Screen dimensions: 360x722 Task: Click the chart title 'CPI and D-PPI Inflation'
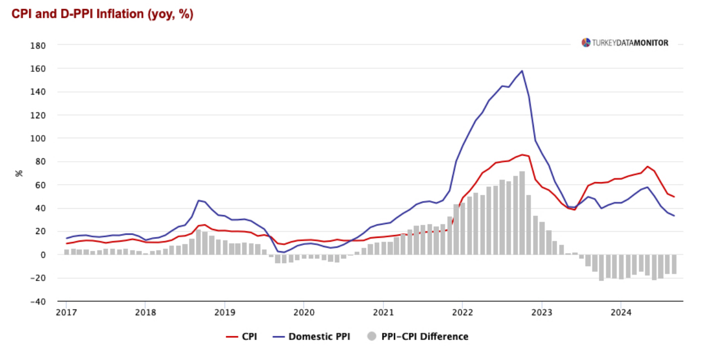click(x=102, y=14)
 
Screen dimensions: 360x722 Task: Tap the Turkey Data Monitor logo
click(x=625, y=43)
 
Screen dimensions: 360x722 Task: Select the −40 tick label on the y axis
click(x=39, y=301)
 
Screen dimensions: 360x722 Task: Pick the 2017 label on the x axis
click(x=67, y=312)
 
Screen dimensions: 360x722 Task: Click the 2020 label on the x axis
click(x=303, y=312)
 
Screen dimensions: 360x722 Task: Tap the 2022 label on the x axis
click(x=462, y=312)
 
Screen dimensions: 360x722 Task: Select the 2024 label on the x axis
click(x=621, y=312)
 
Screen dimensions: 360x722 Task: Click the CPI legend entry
click(x=241, y=337)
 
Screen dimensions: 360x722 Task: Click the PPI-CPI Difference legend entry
click(x=418, y=337)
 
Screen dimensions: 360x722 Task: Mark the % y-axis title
click(x=19, y=173)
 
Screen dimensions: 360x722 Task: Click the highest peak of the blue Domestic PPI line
click(x=522, y=71)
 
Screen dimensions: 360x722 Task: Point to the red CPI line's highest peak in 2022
click(x=522, y=155)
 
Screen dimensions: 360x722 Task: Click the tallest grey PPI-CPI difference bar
click(x=522, y=213)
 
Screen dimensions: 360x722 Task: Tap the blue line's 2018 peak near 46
click(x=198, y=201)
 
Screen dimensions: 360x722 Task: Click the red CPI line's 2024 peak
click(x=647, y=166)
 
